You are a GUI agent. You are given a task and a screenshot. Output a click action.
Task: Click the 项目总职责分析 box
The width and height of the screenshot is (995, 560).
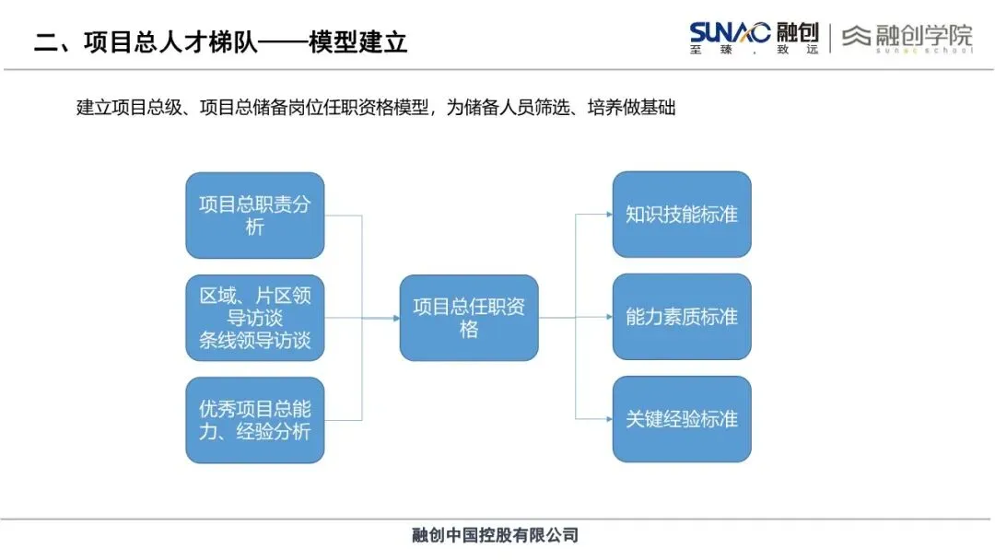coord(255,216)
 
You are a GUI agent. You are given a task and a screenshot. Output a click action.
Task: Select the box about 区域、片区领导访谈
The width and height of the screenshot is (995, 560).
coord(255,318)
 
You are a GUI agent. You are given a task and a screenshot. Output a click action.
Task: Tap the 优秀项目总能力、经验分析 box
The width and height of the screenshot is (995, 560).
coord(255,420)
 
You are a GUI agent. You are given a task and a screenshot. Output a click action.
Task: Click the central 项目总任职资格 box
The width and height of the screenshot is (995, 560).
coord(469,318)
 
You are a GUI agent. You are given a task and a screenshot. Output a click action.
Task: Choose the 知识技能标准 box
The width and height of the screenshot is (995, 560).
coord(682,215)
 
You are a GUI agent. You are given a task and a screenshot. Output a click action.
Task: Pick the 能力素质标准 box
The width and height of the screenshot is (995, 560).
coord(682,317)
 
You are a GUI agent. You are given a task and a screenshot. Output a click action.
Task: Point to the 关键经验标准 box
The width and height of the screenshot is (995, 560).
coord(682,419)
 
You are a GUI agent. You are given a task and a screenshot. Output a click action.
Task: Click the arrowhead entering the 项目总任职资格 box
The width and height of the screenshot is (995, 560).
coord(395,318)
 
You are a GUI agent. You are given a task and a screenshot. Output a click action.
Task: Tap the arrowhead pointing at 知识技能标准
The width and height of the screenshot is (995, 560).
coord(609,215)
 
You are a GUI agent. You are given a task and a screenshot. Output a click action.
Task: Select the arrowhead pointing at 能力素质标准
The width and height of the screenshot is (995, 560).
coord(609,318)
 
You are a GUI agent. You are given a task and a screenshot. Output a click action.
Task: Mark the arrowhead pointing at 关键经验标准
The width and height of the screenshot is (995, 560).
coord(609,419)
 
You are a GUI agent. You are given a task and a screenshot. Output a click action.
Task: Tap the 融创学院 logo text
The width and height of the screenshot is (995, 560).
coord(922,35)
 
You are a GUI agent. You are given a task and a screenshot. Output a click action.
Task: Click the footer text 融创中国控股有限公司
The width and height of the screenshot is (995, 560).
coord(495,535)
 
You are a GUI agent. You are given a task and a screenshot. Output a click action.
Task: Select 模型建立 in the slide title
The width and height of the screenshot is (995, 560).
coord(364,42)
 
